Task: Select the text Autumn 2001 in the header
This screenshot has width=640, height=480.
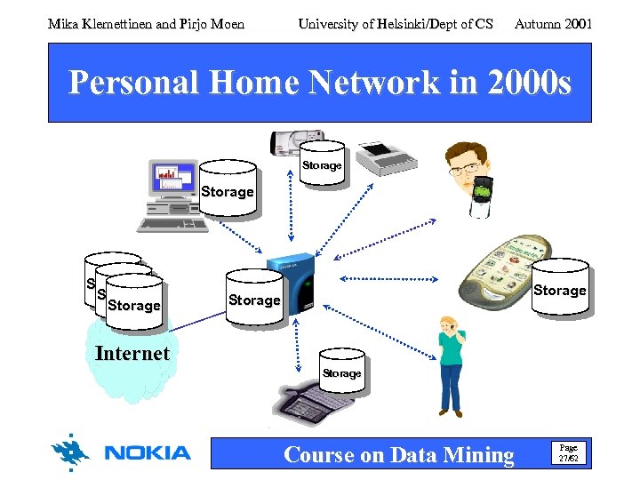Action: coord(553,24)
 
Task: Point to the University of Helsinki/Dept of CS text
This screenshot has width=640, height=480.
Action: coord(396,24)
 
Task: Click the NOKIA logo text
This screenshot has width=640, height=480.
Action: coord(148,453)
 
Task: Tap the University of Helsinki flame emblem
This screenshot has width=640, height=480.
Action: coord(71,452)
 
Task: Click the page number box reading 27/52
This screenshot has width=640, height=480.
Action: coord(568,453)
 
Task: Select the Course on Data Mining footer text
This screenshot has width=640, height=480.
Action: coord(398,455)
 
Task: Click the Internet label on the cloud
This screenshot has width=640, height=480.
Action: coord(132,354)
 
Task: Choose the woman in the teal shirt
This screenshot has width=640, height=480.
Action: coord(451,364)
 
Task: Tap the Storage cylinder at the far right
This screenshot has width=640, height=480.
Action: coord(559,288)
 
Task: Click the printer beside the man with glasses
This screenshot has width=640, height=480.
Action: coord(384,157)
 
